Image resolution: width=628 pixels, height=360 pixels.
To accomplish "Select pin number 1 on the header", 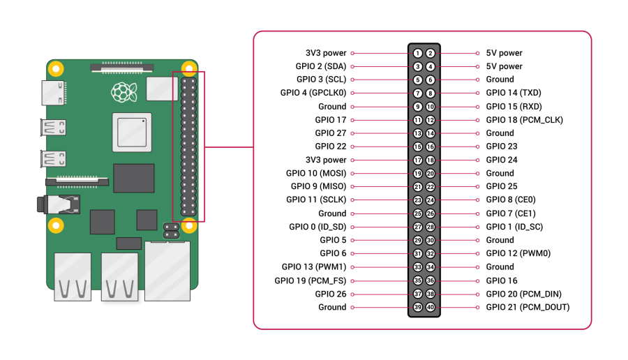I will point(417,53).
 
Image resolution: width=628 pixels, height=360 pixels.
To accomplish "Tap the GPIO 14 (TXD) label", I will point(514,93).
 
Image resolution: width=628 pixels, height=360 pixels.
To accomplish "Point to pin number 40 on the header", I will point(431,307).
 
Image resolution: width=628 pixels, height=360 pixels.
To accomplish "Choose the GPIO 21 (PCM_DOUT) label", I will point(528,307).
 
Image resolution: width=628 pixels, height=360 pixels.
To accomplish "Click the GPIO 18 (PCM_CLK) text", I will point(524,120).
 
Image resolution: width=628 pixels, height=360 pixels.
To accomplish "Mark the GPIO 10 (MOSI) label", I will point(316,173).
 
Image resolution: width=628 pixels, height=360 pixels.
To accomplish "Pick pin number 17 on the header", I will point(417,160).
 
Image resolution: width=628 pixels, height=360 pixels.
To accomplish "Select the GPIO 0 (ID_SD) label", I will point(317,227).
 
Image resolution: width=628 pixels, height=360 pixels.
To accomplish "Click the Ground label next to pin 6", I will point(500,80).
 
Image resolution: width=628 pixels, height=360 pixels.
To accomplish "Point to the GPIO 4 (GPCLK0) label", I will point(313,93).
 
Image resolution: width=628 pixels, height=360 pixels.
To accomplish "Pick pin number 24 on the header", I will point(431,200).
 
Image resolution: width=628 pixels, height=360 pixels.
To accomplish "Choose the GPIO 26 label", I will point(330,294).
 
